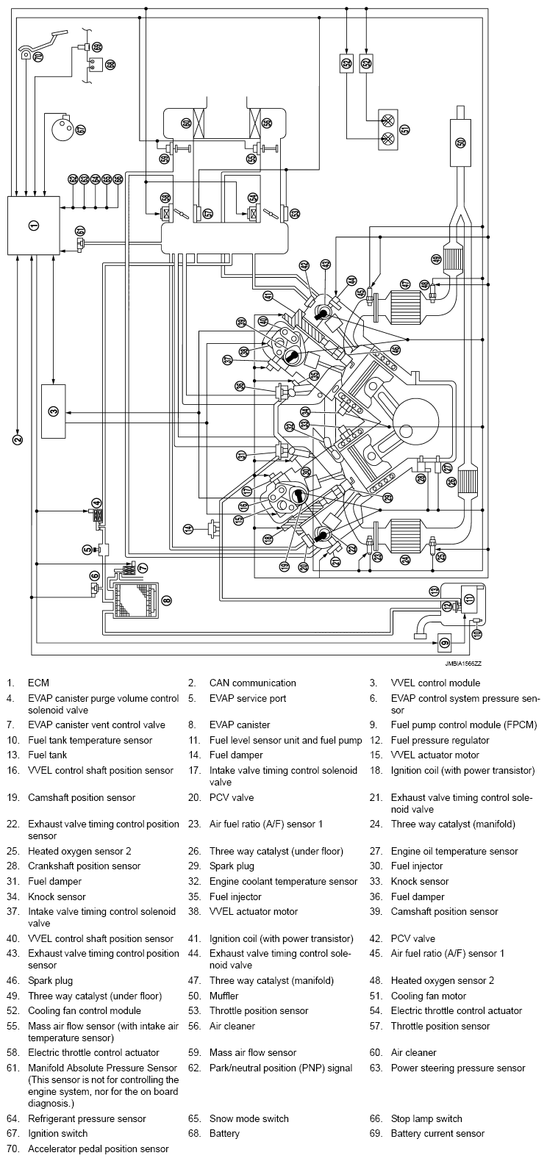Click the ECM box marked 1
click(x=33, y=225)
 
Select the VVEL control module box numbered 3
click(x=53, y=411)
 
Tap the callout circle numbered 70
click(x=37, y=55)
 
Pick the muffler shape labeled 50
click(x=460, y=142)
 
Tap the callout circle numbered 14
click(x=189, y=528)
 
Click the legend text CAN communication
click(x=252, y=683)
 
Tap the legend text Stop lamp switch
click(x=426, y=1118)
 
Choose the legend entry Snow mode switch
click(x=249, y=1118)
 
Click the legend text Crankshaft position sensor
click(x=84, y=866)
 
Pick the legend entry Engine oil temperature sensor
click(x=454, y=851)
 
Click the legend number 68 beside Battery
click(x=193, y=1134)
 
